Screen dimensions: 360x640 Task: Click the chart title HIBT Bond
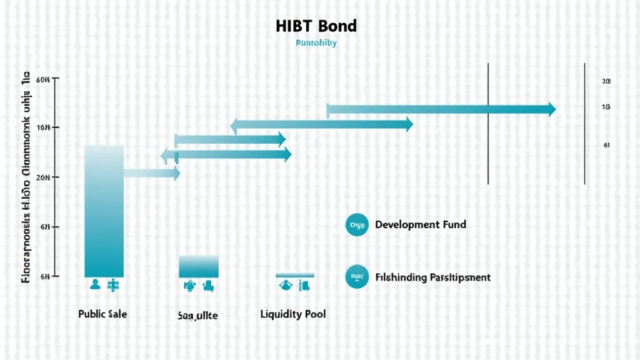(316, 26)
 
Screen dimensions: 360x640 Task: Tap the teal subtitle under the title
(316, 44)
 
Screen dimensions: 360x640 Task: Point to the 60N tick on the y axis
(43, 81)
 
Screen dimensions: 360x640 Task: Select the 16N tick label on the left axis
(43, 128)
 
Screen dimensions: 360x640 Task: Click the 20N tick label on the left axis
(43, 177)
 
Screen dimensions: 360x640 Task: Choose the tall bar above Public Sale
(104, 211)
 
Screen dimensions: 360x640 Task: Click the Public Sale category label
(102, 314)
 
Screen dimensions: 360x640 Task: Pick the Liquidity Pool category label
(292, 314)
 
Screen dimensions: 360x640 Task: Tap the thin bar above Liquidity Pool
(295, 275)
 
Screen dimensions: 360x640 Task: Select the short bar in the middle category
(199, 266)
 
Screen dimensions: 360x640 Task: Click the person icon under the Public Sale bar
(95, 285)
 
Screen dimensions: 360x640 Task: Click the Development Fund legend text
(421, 224)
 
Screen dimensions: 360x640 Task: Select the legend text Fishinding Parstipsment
(433, 277)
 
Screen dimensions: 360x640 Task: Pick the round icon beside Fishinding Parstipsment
(357, 277)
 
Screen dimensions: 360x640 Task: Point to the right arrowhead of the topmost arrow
(550, 109)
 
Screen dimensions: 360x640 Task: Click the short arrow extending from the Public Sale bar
(152, 174)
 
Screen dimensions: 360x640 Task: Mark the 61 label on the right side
(606, 145)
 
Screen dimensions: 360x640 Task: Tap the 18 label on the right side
(606, 107)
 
